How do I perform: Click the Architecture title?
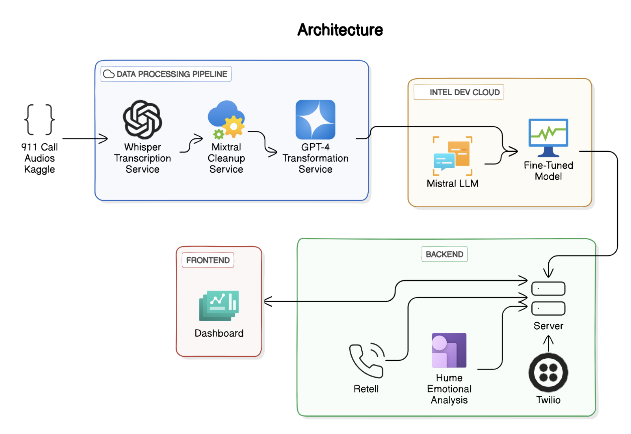[340, 30]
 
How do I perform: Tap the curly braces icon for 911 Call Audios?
[39, 119]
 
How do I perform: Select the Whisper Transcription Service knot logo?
[143, 119]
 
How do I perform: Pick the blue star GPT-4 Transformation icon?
[315, 119]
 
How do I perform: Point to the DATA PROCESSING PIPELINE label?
[166, 74]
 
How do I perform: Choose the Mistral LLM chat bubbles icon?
[452, 156]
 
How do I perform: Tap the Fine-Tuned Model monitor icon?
[548, 137]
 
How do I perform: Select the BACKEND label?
[444, 254]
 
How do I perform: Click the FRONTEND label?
[208, 260]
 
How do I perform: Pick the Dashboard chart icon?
[219, 306]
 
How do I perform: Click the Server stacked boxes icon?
[548, 298]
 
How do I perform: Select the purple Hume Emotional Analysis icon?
[449, 350]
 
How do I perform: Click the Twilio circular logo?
[548, 372]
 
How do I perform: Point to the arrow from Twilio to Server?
[548, 344]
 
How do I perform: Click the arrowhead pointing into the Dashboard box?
[268, 301]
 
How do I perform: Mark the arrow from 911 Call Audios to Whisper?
[85, 138]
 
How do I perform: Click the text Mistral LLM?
[452, 184]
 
